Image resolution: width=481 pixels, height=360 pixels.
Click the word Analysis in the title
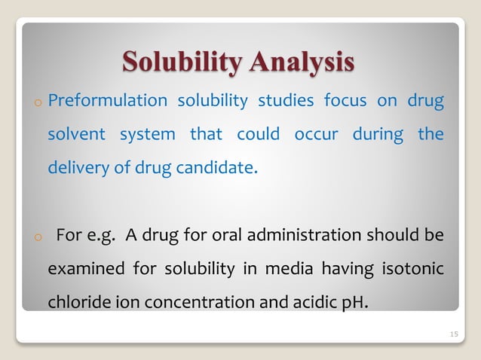[299, 62]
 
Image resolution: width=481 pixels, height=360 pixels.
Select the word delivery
[77, 167]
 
